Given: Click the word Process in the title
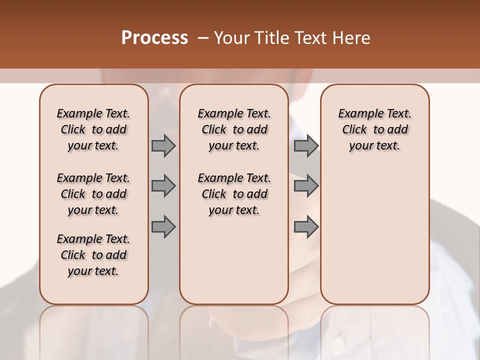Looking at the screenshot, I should coord(154,38).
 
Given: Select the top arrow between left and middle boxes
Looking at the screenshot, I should coord(163,145).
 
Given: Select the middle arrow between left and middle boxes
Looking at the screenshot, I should coord(163,186).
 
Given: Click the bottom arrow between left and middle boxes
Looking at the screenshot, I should coord(163,227).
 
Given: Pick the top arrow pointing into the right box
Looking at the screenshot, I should coord(306,145).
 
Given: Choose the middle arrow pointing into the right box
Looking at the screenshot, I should coord(306,186).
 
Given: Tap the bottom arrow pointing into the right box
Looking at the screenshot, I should coord(306,227).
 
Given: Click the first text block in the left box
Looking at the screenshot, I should coord(93,129).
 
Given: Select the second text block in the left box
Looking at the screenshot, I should coord(93,194).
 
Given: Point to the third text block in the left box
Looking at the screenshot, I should coord(93,255).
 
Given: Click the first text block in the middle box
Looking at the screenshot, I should coord(234,129).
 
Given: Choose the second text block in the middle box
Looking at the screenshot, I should coord(234,194).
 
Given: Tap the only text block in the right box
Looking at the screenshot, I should coord(375,129).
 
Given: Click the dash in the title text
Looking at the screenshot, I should coord(203,38).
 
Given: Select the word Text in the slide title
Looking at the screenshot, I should coord(309,38).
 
